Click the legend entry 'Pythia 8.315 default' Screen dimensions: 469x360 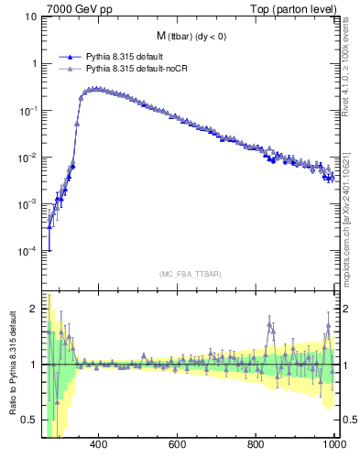click(x=126, y=57)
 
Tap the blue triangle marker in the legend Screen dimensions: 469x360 click(x=71, y=57)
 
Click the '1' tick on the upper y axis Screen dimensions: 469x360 click(x=34, y=64)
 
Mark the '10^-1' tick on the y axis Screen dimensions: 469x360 click(x=29, y=111)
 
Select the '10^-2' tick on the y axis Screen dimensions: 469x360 click(x=29, y=158)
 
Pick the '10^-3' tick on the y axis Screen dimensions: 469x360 click(x=29, y=204)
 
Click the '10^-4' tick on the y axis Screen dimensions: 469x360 click(x=29, y=251)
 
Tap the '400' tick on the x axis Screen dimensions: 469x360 click(x=99, y=444)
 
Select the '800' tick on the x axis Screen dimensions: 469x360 click(x=256, y=444)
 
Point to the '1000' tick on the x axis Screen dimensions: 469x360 click(x=333, y=444)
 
